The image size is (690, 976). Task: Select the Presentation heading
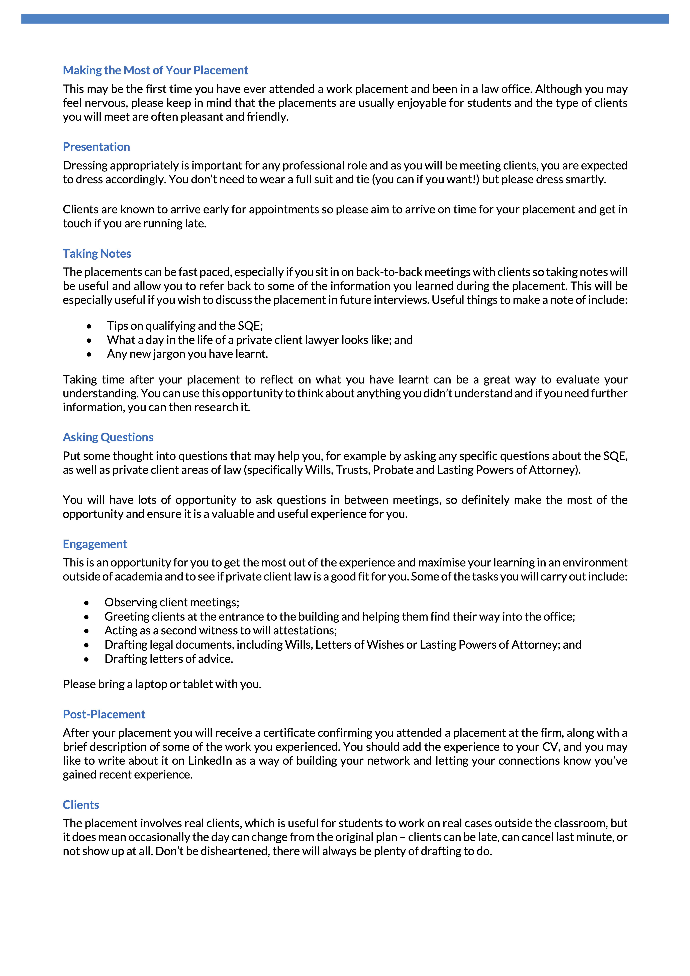pyautogui.click(x=96, y=147)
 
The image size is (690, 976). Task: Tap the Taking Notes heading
pyautogui.click(x=97, y=253)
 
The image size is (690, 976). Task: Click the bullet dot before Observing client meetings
pyautogui.click(x=87, y=603)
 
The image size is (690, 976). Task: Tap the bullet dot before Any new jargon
pyautogui.click(x=89, y=354)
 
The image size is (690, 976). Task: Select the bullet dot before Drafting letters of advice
pyautogui.click(x=87, y=659)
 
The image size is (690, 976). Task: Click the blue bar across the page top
pyautogui.click(x=345, y=19)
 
